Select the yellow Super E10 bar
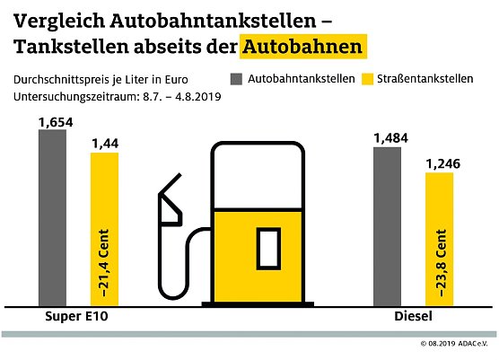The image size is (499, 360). (104, 230)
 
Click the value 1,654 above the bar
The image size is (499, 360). (52, 120)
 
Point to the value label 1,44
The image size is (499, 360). (104, 144)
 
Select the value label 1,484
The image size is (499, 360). (387, 137)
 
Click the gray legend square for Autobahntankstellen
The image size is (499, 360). (237, 79)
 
